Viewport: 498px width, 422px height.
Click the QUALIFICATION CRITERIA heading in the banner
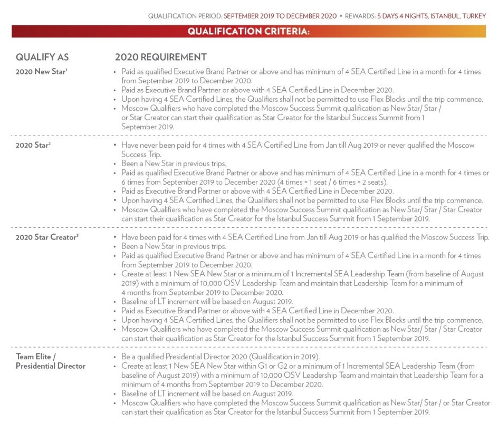click(x=248, y=31)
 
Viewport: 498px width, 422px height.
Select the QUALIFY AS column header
click(x=42, y=57)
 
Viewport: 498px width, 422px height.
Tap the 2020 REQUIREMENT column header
click(x=161, y=57)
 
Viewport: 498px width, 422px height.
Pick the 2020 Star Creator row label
click(x=45, y=237)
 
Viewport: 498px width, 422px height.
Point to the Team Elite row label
click(x=37, y=357)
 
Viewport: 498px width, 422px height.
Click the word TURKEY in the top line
click(x=474, y=16)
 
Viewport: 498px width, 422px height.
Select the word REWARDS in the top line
click(x=359, y=16)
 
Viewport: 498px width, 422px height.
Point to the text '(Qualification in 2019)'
click(x=271, y=357)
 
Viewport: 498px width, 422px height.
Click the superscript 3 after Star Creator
click(x=77, y=235)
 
